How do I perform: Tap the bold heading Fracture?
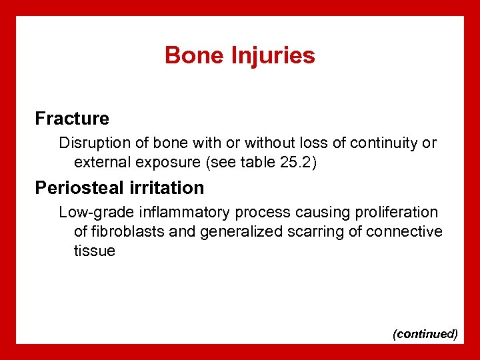72,119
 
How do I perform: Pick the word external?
101,161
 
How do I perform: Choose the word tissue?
94,251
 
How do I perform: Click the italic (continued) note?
425,333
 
